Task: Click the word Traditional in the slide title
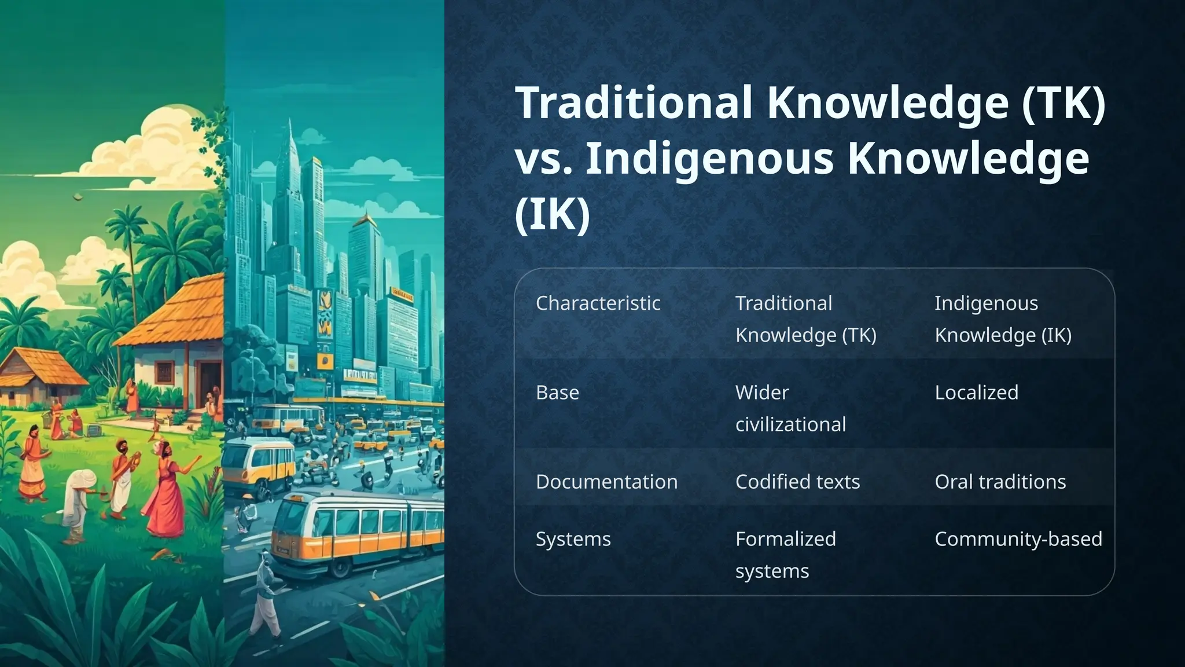634,102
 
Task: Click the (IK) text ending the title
552,214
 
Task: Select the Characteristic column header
598,303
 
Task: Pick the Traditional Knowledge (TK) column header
805,319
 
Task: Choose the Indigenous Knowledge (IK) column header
1003,319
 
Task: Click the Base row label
557,393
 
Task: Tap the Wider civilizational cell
790,408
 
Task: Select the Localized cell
976,393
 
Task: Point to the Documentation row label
606,482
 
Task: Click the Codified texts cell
797,482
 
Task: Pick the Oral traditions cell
1000,482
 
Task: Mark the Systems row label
573,539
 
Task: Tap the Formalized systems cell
785,555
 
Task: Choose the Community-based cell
1018,539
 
